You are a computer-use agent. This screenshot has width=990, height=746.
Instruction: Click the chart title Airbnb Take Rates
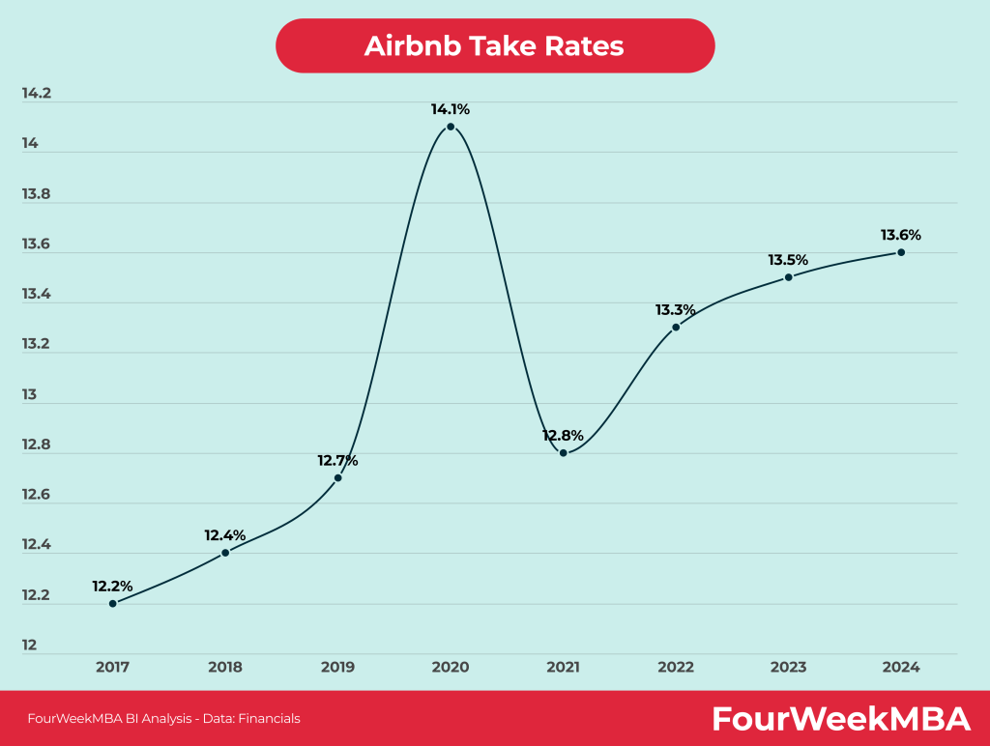[494, 46]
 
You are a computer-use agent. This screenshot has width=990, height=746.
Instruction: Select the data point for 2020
[451, 127]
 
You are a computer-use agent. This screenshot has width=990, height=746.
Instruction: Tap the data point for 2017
[112, 603]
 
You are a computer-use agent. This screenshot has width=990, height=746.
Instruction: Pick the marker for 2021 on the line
[563, 452]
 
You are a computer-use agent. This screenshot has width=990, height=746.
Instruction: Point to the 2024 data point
[901, 252]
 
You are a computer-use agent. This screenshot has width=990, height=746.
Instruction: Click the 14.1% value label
[451, 109]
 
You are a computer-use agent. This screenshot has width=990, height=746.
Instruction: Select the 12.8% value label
[563, 435]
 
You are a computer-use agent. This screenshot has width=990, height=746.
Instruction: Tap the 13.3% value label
[676, 309]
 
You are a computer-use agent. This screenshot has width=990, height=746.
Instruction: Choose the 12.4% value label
[224, 534]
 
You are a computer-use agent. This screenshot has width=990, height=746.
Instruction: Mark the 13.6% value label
[901, 235]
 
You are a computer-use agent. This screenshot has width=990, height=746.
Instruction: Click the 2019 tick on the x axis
[337, 667]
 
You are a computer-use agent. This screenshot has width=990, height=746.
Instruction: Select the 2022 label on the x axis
[676, 667]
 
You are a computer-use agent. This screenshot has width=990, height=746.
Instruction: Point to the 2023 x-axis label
[788, 667]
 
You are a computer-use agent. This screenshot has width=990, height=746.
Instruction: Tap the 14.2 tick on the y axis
[36, 94]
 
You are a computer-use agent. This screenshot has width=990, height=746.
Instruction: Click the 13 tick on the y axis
[30, 394]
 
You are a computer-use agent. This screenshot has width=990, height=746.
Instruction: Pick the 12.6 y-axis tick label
[36, 495]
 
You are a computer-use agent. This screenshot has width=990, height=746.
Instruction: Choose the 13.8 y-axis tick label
[36, 194]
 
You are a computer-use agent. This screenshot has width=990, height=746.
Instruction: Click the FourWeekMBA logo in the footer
[840, 718]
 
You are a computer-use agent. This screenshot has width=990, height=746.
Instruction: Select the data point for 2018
[225, 553]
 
